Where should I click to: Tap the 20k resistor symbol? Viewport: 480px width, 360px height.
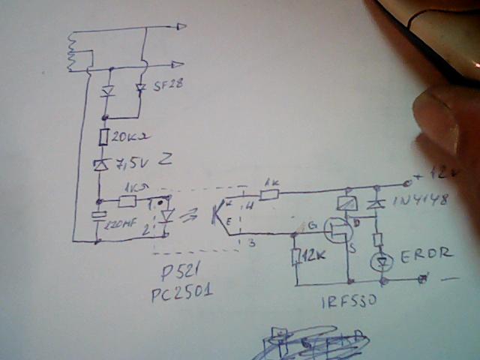point(104,137)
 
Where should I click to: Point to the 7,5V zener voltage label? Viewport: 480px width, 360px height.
point(130,160)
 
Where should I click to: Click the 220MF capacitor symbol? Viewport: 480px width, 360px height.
point(97,217)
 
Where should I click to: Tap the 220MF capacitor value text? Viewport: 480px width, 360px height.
point(123,222)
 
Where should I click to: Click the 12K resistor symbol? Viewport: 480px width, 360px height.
point(296,256)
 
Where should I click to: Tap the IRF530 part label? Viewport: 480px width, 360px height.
point(349,302)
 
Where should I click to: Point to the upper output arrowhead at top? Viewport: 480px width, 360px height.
point(181,26)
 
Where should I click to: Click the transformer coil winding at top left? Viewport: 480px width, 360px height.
point(73,52)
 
